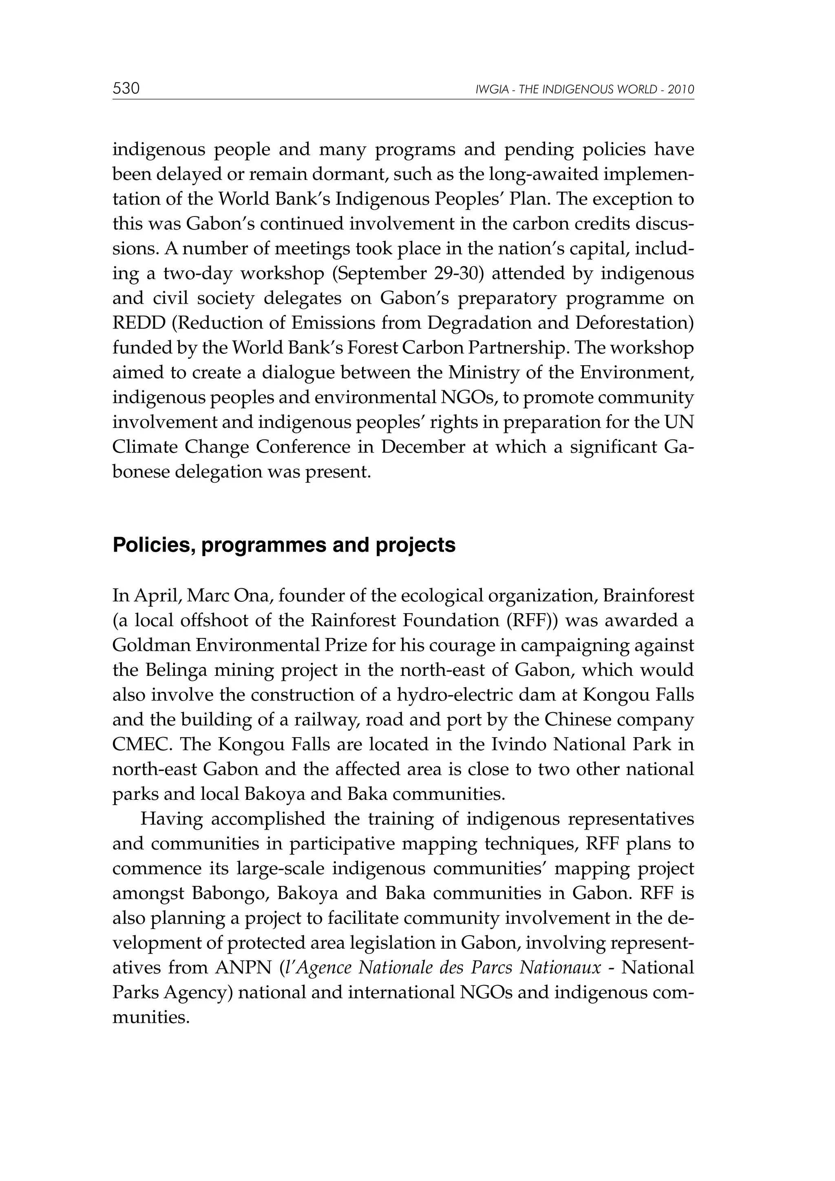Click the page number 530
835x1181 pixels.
(126, 88)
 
